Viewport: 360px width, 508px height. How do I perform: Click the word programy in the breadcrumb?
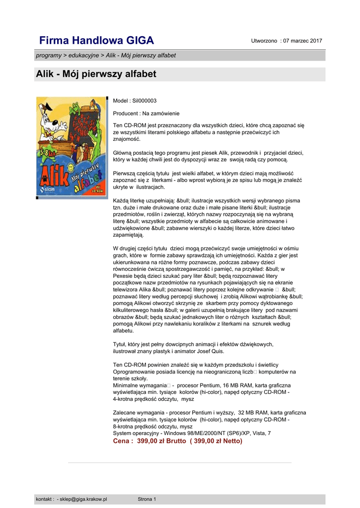(48, 55)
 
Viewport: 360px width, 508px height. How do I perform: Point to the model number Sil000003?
(144, 101)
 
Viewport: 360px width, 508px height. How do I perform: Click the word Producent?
(126, 114)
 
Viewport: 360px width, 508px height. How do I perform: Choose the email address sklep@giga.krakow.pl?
(83, 499)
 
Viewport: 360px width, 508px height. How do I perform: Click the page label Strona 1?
(147, 499)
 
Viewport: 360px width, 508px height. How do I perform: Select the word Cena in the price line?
(122, 441)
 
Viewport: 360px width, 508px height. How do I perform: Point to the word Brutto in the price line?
(175, 441)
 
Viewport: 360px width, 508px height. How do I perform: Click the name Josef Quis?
(211, 351)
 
